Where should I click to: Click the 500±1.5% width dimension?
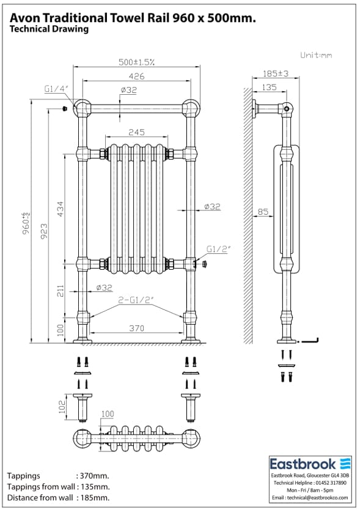tap(136, 62)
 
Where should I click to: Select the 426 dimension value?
tap(136, 76)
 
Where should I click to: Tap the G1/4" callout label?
tap(56, 89)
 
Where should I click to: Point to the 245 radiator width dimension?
tap(136, 133)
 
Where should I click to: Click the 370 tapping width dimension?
tap(136, 328)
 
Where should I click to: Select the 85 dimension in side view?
tap(263, 212)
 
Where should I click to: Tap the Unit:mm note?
tap(316, 55)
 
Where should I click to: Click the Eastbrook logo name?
tap(304, 463)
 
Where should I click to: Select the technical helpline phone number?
tap(332, 483)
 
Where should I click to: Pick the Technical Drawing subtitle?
tap(49, 29)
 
